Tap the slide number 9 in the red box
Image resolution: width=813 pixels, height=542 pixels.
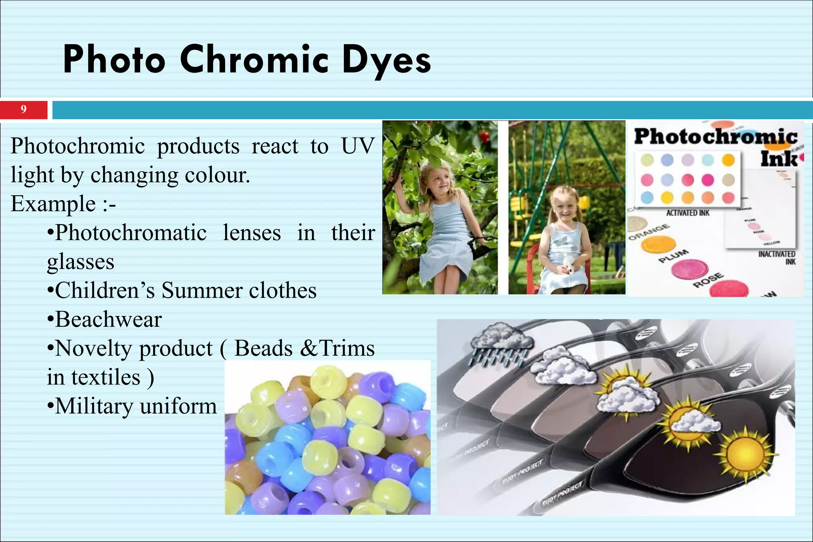pyautogui.click(x=24, y=110)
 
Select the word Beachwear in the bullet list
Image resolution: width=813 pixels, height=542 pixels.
pyautogui.click(x=108, y=320)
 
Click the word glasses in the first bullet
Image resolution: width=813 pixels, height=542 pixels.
pyautogui.click(x=81, y=262)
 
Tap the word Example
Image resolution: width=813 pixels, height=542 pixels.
pyautogui.click(x=53, y=204)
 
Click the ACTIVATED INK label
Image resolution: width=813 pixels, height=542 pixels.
pyautogui.click(x=688, y=213)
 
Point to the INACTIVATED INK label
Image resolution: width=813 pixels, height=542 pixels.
pyautogui.click(x=777, y=258)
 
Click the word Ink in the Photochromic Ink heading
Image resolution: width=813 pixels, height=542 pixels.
pyautogui.click(x=778, y=159)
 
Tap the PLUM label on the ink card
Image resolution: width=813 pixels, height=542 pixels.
pyautogui.click(x=673, y=256)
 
